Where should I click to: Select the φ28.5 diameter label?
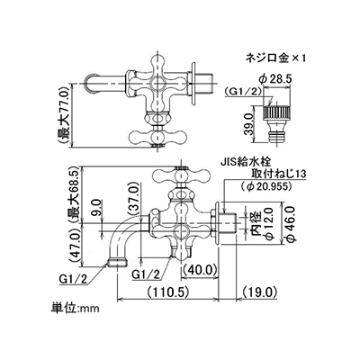274,79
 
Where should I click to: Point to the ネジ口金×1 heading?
275,58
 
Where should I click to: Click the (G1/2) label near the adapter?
243,92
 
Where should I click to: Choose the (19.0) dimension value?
259,291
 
